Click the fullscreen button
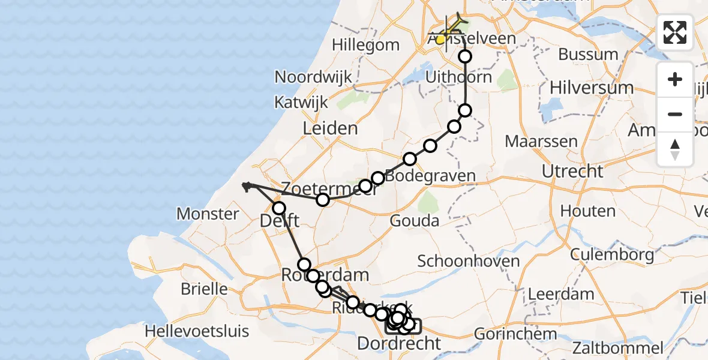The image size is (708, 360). coord(675,32)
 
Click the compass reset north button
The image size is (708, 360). coord(675,149)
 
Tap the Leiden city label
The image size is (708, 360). coord(330,128)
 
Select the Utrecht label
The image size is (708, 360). coord(572,172)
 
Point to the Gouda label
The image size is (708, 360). coord(414,221)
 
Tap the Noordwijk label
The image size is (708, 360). coord(313,77)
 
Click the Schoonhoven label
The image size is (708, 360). coord(468,262)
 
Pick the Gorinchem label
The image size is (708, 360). coord(507,334)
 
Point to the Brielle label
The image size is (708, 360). coord(205,289)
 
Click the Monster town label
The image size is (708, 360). coord(208,214)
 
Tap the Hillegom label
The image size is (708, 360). coord(365,45)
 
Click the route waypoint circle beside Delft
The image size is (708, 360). coord(279,208)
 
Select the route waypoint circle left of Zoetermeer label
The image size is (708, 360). coord(323,200)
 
